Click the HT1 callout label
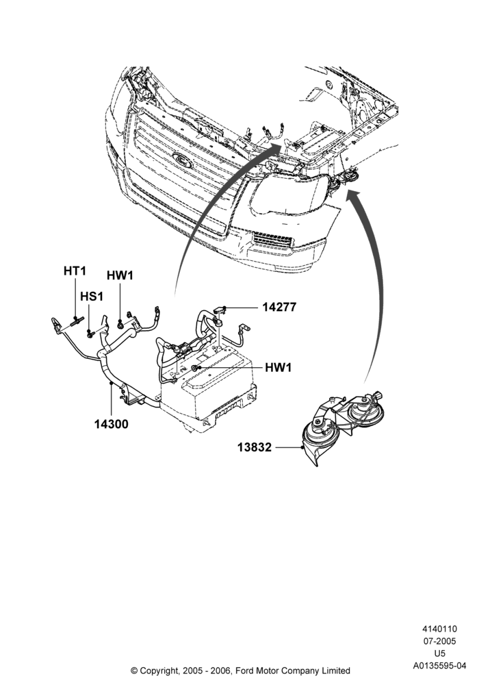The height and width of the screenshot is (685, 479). pyautogui.click(x=75, y=271)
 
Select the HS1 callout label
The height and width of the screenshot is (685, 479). pyautogui.click(x=92, y=297)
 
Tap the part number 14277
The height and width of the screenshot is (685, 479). pyautogui.click(x=279, y=307)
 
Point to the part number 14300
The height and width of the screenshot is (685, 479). pyautogui.click(x=112, y=424)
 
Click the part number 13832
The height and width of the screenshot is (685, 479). pyautogui.click(x=255, y=447)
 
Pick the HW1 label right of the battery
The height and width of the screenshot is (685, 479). pyautogui.click(x=278, y=367)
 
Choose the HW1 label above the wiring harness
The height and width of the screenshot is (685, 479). pyautogui.click(x=120, y=275)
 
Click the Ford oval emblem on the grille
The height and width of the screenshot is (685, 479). pyautogui.click(x=183, y=160)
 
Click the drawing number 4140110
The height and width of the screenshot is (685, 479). pyautogui.click(x=439, y=629)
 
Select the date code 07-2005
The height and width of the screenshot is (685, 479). pyautogui.click(x=439, y=641)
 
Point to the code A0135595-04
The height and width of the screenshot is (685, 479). pyautogui.click(x=439, y=666)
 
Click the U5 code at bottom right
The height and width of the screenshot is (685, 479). pyautogui.click(x=439, y=653)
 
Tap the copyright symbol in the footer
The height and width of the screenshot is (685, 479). pyautogui.click(x=134, y=670)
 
